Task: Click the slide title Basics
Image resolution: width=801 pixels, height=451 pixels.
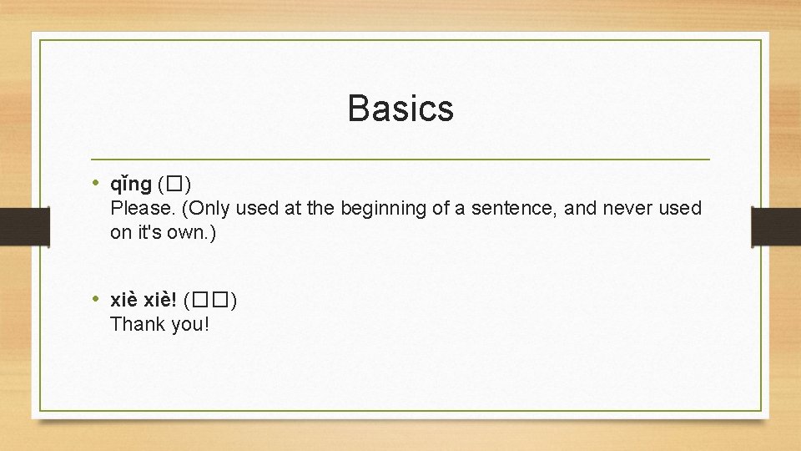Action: pos(400,109)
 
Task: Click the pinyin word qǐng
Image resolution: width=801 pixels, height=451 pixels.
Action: pos(131,184)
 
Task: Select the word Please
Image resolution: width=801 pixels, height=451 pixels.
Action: pos(138,208)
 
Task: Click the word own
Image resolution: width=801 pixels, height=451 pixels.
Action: pos(190,232)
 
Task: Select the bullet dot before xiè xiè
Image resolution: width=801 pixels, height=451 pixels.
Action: pos(97,298)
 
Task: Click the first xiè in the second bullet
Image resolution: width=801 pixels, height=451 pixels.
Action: pos(124,299)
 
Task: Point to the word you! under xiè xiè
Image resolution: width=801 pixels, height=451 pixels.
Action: pos(190,324)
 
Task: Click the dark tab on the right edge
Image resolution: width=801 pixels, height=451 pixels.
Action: pos(776,226)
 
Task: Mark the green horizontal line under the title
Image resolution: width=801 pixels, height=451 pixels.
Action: pos(400,159)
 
